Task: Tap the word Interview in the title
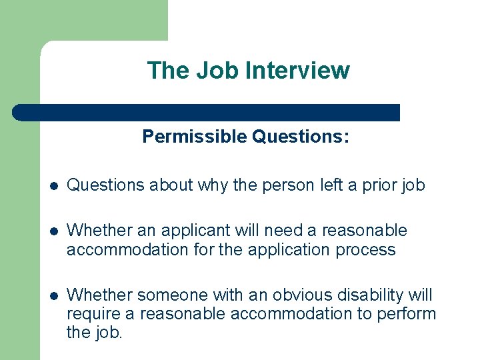(298, 70)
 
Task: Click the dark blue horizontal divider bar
(207, 113)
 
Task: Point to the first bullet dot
(53, 186)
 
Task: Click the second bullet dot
(53, 231)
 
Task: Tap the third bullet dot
(53, 295)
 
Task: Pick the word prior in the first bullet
(383, 185)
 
